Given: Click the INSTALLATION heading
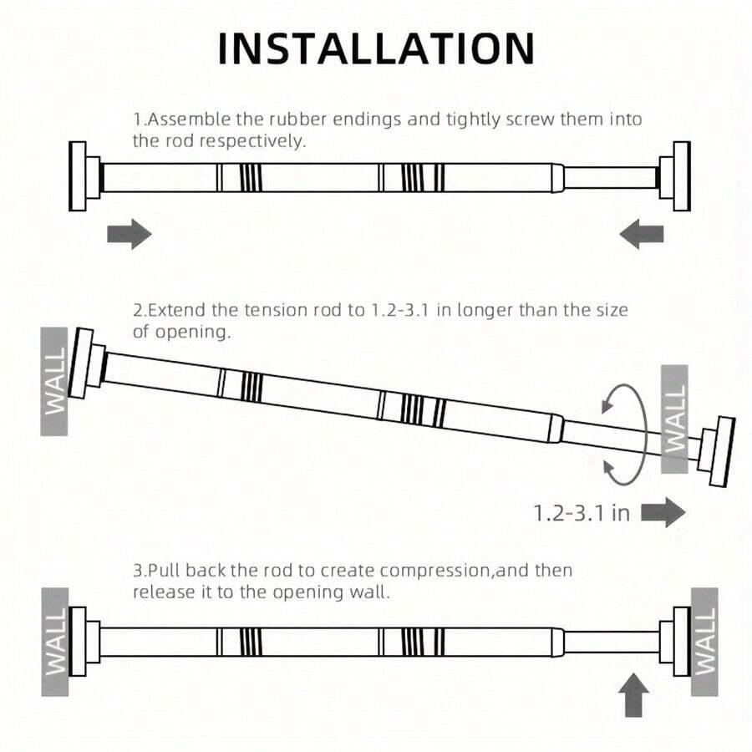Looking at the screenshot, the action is coord(376,48).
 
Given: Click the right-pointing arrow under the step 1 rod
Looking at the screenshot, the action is coord(129,234).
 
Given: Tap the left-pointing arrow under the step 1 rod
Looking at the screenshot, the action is coord(642,234).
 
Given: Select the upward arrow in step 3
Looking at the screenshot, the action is coord(633,695).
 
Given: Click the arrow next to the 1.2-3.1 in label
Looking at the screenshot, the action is coord(663,512).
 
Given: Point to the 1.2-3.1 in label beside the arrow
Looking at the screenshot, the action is coord(582,513).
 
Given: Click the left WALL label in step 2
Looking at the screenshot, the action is coord(54,381).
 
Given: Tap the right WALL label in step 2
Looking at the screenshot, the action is coord(675,419).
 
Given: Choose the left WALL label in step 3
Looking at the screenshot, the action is coord(55,642).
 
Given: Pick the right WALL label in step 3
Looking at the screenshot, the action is coord(704,642).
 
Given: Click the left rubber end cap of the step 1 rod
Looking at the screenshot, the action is coord(84,176).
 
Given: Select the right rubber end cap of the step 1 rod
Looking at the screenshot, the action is coord(675,176).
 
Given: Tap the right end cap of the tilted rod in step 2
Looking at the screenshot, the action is coord(717,451).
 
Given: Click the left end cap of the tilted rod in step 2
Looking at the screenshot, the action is coord(87,363).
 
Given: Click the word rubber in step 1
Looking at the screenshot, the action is coord(297,119).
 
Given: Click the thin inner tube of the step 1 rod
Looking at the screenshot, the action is coord(611,177).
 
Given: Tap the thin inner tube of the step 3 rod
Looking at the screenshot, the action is coord(611,643).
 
